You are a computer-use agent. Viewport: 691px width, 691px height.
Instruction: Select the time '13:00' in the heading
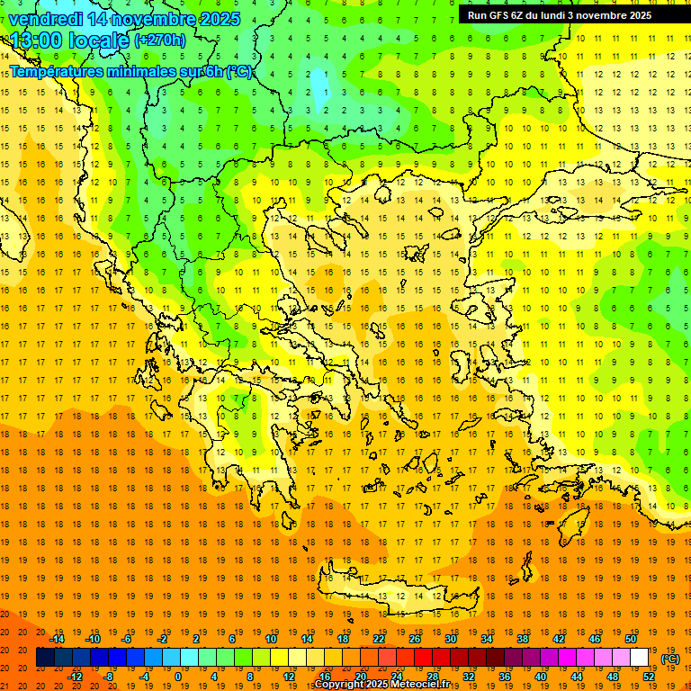(x=35, y=40)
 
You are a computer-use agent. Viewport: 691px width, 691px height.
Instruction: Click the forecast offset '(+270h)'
(x=160, y=40)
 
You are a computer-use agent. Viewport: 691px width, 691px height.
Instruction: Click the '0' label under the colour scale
(x=178, y=677)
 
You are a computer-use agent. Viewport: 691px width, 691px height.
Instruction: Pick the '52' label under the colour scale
(x=649, y=677)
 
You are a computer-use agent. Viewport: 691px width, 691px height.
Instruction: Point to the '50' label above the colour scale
(x=631, y=639)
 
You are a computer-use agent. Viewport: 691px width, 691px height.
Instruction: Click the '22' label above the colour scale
(x=379, y=639)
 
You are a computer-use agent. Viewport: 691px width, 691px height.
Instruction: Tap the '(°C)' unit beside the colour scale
(x=670, y=659)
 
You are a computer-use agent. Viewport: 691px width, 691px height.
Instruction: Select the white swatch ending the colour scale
(x=640, y=658)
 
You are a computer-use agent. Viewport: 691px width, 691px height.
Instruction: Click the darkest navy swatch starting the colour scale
(x=45, y=658)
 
